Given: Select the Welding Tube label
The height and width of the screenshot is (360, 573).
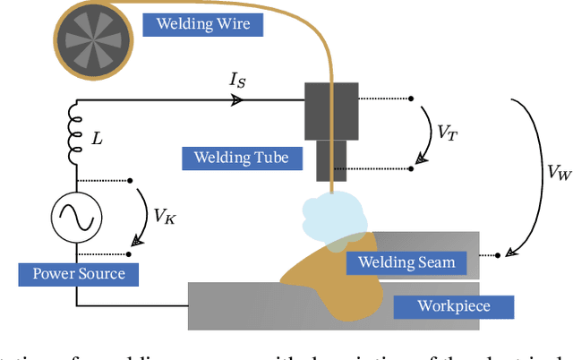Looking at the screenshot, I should [x=235, y=159].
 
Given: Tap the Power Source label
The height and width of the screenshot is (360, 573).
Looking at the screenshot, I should [x=79, y=273].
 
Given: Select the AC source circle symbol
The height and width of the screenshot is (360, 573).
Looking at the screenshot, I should [x=74, y=217].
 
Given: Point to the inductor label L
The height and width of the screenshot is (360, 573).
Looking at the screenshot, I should [x=98, y=140].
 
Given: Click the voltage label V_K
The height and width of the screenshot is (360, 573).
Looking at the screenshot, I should [x=164, y=216].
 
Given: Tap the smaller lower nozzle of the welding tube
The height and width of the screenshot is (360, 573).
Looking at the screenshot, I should [x=331, y=154].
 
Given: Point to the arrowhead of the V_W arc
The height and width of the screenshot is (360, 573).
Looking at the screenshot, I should [x=510, y=253].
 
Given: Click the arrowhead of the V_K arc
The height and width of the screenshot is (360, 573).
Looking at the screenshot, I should [x=137, y=240].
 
